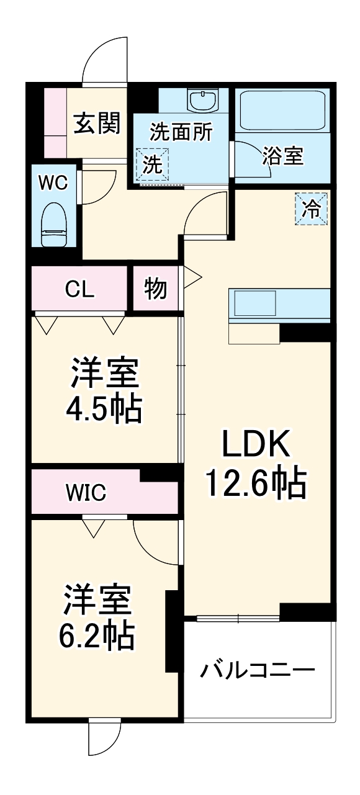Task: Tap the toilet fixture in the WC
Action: coord(53,225)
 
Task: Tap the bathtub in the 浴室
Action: coord(282,110)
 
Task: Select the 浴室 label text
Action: coord(282,156)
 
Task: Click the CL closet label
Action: coord(80,289)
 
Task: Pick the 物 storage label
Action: coord(155,289)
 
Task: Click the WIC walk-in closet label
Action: coord(86,493)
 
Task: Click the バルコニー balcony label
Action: coord(258,671)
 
